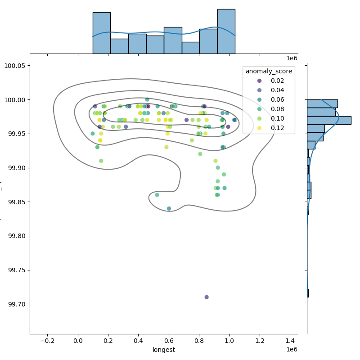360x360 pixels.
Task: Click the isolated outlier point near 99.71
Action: coord(207,297)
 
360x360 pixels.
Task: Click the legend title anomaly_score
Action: coord(269,71)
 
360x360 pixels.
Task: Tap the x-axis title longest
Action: coord(164,350)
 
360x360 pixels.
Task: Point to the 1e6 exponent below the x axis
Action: coord(292,350)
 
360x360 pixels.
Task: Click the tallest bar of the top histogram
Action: coord(226,31)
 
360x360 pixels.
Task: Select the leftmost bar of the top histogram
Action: coord(101,33)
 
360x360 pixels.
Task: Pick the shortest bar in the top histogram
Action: coord(190,48)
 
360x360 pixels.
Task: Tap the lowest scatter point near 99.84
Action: coord(169,208)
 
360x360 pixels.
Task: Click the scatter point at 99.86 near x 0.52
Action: coord(157,195)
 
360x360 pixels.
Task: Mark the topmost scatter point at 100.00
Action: coord(147,99)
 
